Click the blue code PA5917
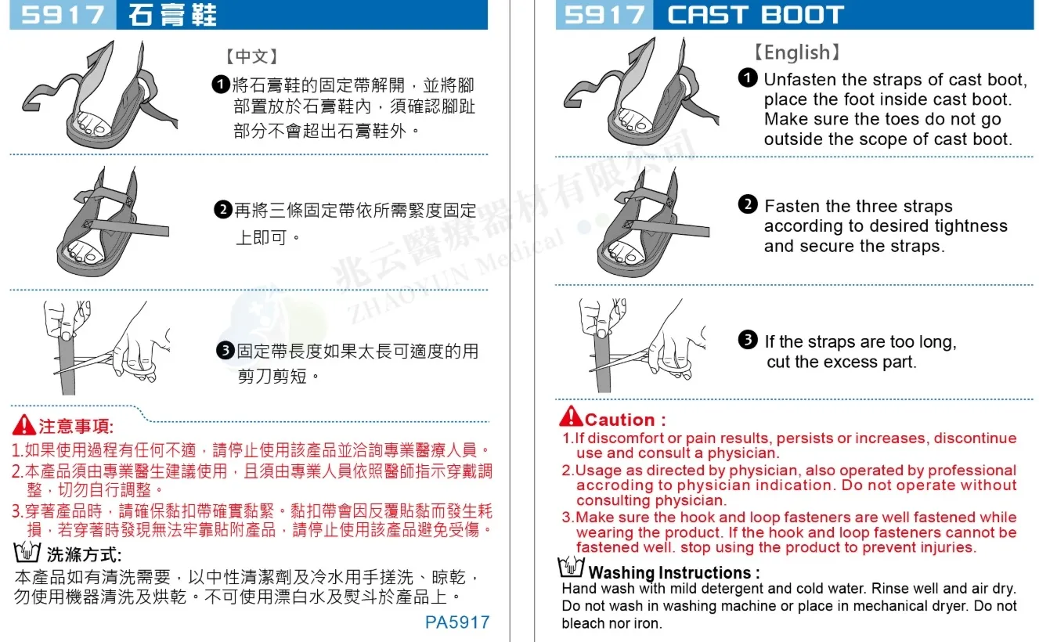tap(457, 622)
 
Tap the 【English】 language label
tap(797, 52)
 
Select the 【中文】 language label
tap(252, 56)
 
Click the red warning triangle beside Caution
tap(571, 416)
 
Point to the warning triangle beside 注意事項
tap(24, 424)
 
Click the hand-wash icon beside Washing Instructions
tap(571, 567)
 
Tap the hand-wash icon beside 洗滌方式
tap(27, 551)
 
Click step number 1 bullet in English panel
tap(748, 78)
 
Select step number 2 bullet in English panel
tap(748, 204)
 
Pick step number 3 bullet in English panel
tap(748, 340)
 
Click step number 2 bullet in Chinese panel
tap(223, 210)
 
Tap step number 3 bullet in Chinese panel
tap(225, 350)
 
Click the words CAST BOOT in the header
tap(756, 15)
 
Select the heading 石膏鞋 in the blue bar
tap(172, 15)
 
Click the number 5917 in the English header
tap(604, 15)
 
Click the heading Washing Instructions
tap(669, 573)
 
